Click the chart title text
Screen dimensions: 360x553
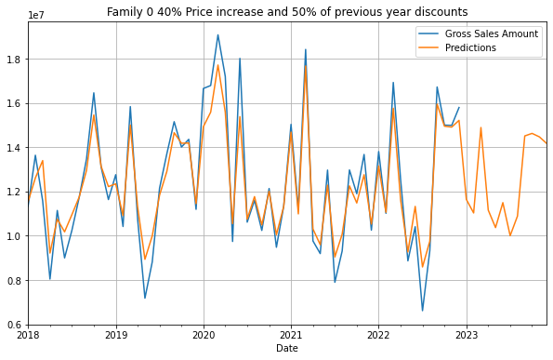click(x=287, y=12)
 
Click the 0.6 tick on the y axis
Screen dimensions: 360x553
click(x=16, y=325)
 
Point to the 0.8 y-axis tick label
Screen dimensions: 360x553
click(x=16, y=281)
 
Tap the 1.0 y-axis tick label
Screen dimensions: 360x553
click(x=16, y=236)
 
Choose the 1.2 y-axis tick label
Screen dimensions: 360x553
click(x=16, y=192)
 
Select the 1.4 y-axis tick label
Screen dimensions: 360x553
click(x=16, y=148)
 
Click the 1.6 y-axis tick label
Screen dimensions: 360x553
click(x=16, y=103)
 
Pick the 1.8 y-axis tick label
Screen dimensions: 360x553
click(x=16, y=60)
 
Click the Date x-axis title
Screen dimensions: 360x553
click(x=287, y=348)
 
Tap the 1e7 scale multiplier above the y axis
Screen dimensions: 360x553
click(x=37, y=15)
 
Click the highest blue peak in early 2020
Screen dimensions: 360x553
click(x=217, y=35)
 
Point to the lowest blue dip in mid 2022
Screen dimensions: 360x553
click(x=422, y=311)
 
